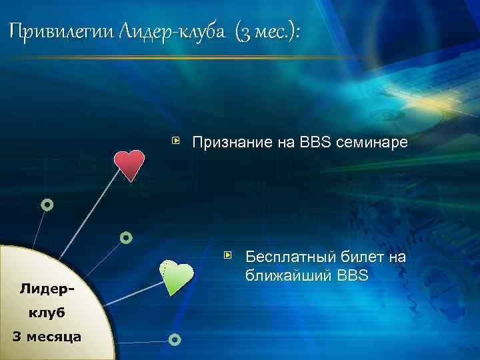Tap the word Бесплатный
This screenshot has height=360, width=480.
tap(291, 257)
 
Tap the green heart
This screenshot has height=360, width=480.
tap(177, 277)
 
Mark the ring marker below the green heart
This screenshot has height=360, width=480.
tap(174, 340)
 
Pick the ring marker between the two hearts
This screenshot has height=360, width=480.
tap(126, 237)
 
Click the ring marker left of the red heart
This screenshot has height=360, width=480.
tap(47, 205)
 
